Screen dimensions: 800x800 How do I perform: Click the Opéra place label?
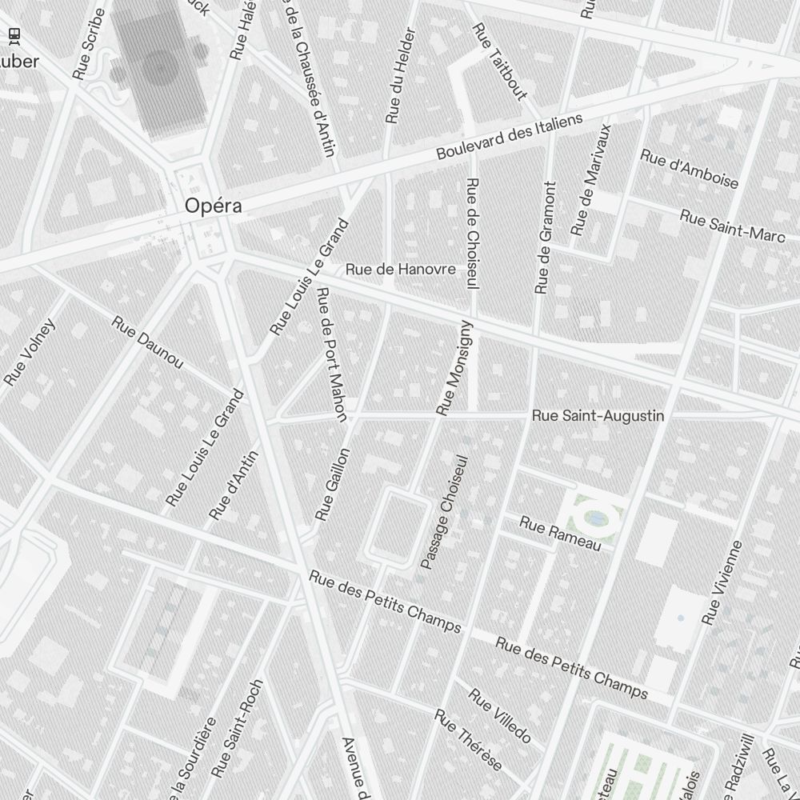click(213, 206)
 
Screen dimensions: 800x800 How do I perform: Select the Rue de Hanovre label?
click(401, 270)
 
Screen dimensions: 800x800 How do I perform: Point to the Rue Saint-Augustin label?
click(598, 416)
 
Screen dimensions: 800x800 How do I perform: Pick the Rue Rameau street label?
click(560, 534)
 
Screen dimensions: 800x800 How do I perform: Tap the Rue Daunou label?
click(147, 343)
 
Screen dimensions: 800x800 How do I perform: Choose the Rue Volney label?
click(30, 352)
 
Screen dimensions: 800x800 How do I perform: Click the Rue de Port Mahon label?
click(331, 354)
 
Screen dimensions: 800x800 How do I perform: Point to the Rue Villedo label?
click(499, 715)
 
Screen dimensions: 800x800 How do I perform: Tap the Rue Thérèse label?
click(468, 740)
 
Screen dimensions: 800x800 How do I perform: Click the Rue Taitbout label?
click(500, 62)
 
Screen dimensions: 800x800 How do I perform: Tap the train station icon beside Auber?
click(14, 35)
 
